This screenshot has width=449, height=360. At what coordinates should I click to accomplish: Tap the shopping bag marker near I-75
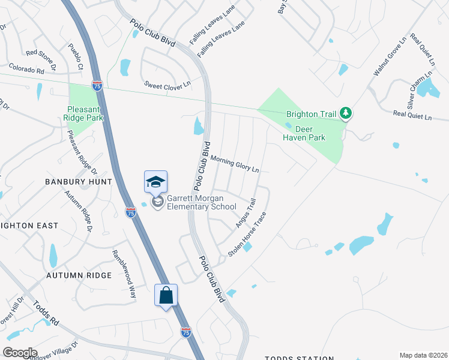point(166,295)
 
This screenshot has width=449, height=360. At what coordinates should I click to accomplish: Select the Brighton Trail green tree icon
point(345,112)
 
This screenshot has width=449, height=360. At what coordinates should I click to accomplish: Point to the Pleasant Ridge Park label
point(85,113)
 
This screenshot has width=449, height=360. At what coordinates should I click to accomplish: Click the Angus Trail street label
point(246,213)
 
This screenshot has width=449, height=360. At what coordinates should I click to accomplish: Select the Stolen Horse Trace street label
point(247,235)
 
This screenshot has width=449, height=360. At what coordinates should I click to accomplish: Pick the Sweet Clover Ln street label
point(167,85)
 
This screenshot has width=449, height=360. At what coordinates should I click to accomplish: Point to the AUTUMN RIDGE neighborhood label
point(79,275)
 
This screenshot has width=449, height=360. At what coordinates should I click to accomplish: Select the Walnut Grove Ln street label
point(390,55)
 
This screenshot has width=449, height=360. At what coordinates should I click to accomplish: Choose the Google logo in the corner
point(20,352)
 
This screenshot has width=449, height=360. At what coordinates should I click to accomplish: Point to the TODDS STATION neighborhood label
point(299,358)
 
